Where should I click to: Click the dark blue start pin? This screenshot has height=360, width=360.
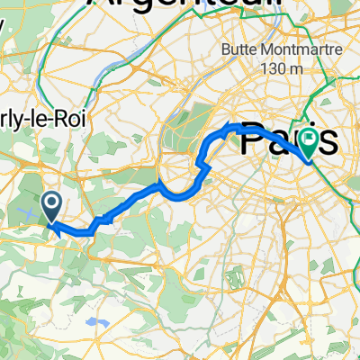pos(51,206)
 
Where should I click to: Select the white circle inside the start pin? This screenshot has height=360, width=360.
pos(51,203)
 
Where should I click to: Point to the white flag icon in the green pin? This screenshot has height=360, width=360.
pos(310,139)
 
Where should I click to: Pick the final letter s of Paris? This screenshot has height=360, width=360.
pos(329,141)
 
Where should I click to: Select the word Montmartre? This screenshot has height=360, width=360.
pos(289,50)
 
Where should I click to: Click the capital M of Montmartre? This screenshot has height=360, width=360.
pos(264,50)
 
